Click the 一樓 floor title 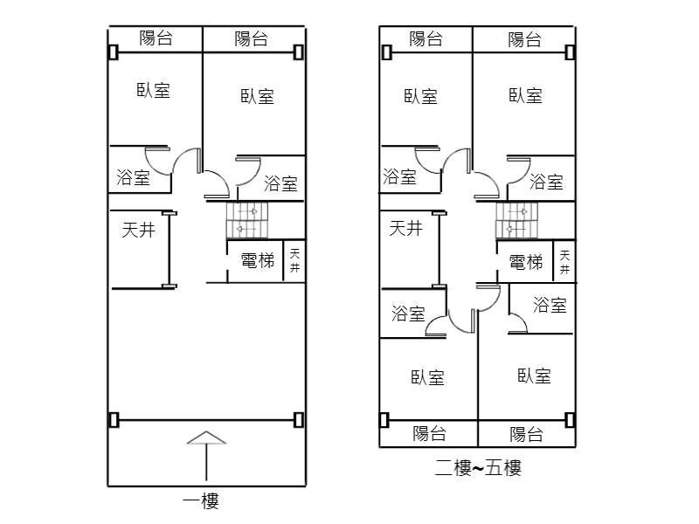pos(200,500)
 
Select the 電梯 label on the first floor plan pos(257,260)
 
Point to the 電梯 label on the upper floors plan pos(526,261)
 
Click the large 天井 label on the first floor pos(138,230)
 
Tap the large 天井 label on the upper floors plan pos(405,228)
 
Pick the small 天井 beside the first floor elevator pos(295,261)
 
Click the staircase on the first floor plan pos(246,219)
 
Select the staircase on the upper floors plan pos(516,220)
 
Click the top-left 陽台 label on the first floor pos(156,38)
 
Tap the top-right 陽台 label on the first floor pos(252,38)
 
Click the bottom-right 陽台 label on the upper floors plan pos(526,434)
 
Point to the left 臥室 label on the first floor pos(154,89)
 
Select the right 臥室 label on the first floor pos(258,96)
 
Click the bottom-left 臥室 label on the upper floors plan pos(427,377)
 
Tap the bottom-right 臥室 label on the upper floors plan pos(534,376)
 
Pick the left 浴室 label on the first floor pos(133,178)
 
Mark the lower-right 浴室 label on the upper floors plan pos(550,305)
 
